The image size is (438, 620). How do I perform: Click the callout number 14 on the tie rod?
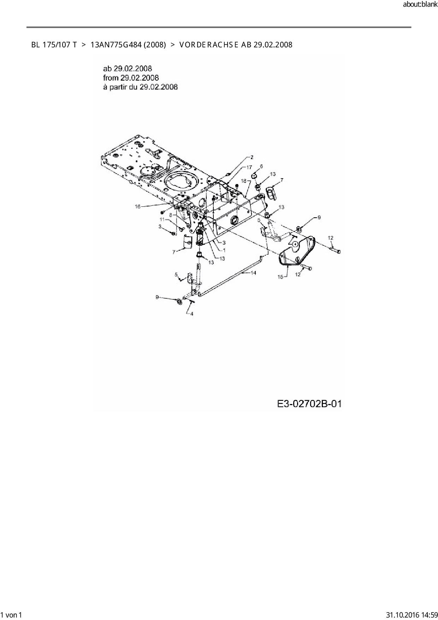click(253, 273)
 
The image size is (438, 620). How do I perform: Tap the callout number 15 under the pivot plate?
click(280, 277)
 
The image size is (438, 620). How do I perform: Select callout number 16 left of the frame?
click(138, 206)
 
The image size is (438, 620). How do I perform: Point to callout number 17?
click(249, 167)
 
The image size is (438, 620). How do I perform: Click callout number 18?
click(243, 181)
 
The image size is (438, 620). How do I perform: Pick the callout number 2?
click(252, 157)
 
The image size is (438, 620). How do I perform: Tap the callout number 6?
click(261, 166)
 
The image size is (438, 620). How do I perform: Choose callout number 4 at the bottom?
click(192, 314)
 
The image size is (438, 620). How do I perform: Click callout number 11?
click(162, 220)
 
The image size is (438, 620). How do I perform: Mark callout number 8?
click(171, 215)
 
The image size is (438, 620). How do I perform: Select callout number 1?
click(224, 250)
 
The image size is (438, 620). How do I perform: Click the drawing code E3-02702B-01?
click(309, 404)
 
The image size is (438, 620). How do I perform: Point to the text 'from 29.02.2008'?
click(131, 78)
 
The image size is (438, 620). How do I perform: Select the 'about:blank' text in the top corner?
click(420, 5)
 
